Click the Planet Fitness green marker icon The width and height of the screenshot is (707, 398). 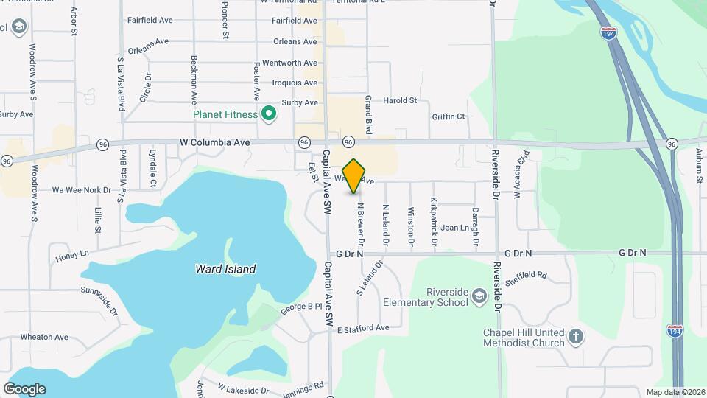point(269,114)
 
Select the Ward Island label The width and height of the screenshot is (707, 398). point(225,269)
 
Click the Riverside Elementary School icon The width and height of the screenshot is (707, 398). point(479,296)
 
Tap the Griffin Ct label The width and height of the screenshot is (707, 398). point(449,116)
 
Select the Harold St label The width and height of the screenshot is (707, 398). point(401,100)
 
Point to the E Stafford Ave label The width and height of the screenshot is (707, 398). point(362,328)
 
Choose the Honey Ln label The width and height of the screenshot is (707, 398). point(72,256)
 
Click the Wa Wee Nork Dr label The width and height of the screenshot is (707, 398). point(81,189)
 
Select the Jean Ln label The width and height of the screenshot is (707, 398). point(454,228)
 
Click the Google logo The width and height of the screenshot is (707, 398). point(24,388)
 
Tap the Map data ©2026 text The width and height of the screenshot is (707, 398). point(674,392)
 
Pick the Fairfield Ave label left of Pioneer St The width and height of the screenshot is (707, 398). point(149,21)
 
